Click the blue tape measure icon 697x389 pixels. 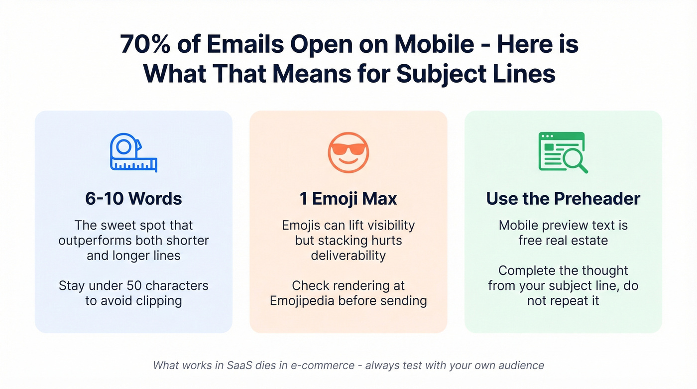(x=133, y=152)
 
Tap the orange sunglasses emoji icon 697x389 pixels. (x=348, y=151)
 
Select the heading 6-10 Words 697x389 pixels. (x=133, y=199)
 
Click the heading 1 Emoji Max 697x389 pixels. (x=348, y=199)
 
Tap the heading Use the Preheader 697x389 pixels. (x=563, y=199)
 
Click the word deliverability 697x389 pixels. (x=348, y=256)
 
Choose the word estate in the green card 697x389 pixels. (x=589, y=241)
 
